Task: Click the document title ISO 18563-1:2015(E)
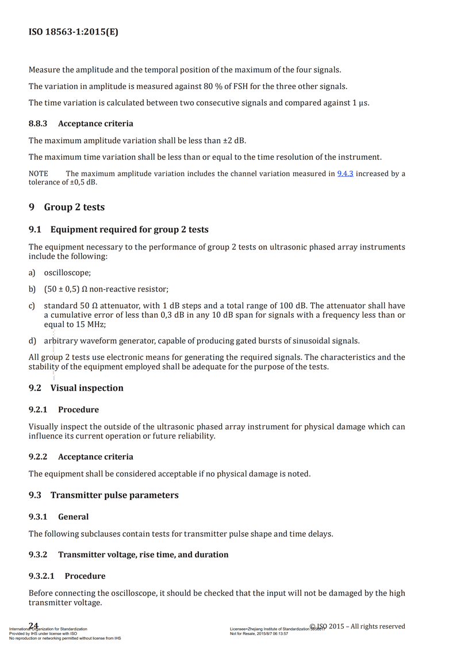[x=73, y=32]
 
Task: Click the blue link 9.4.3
[x=344, y=174]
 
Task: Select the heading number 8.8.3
[x=38, y=124]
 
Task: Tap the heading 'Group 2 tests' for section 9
[x=74, y=207]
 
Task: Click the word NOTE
[x=39, y=174]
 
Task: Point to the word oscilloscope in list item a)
[x=67, y=273]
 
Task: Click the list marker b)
[x=32, y=289]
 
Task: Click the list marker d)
[x=32, y=340]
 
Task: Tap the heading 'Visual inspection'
[x=87, y=388]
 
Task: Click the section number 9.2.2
[x=38, y=457]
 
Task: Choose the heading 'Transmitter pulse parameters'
[x=114, y=495]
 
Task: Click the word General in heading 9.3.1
[x=74, y=517]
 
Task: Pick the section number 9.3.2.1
[x=41, y=576]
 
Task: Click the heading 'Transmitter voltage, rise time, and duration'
[x=143, y=555]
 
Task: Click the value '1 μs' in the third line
[x=359, y=103]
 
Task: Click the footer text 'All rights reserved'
[x=377, y=626]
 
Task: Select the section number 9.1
[x=35, y=230]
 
